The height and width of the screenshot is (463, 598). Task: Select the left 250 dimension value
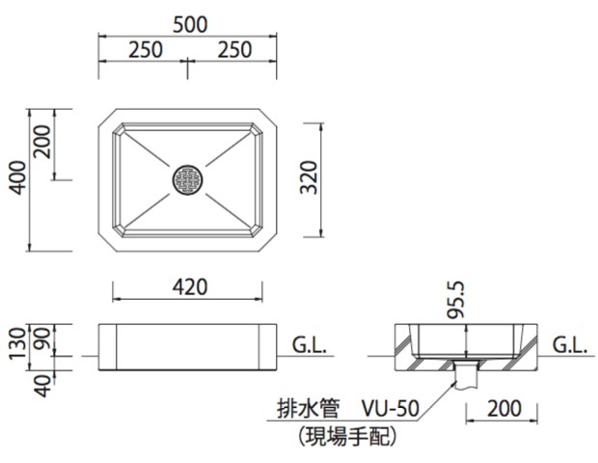tap(144, 51)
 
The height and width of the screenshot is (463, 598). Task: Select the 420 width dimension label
tap(188, 286)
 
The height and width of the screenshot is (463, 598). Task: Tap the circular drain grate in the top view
tap(188, 179)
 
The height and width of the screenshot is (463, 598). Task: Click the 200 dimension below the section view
tap(503, 408)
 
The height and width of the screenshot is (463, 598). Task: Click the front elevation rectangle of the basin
tap(188, 348)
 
